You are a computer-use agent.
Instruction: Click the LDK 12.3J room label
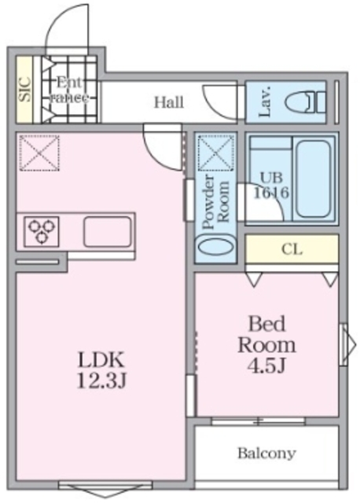coord(101,371)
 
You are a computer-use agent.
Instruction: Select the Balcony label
coord(266,453)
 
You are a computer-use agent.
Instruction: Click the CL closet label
coord(292,250)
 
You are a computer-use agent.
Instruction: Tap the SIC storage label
coord(24,90)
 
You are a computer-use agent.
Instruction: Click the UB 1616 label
coord(271,184)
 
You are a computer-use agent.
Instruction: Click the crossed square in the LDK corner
coord(39,152)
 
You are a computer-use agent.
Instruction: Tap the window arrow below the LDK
coord(94,490)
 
